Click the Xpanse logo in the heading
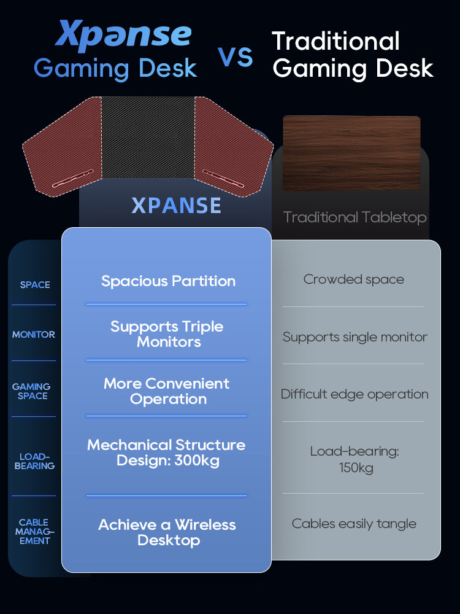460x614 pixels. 123,36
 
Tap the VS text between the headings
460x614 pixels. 236,56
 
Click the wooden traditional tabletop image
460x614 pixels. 351,153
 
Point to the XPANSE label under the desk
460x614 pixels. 176,206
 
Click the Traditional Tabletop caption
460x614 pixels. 355,217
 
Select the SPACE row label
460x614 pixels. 35,285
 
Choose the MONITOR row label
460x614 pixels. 34,335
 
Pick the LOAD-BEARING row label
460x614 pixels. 34,461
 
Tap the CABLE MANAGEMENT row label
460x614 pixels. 34,532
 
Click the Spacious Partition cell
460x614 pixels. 168,281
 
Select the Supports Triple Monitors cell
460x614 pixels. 167,334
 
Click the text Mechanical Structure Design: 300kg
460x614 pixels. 166,453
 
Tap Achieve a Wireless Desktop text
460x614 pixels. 167,532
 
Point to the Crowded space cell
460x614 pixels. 354,279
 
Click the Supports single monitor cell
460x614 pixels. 355,337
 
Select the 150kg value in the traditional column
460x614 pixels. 356,468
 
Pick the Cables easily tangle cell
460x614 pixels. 354,524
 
